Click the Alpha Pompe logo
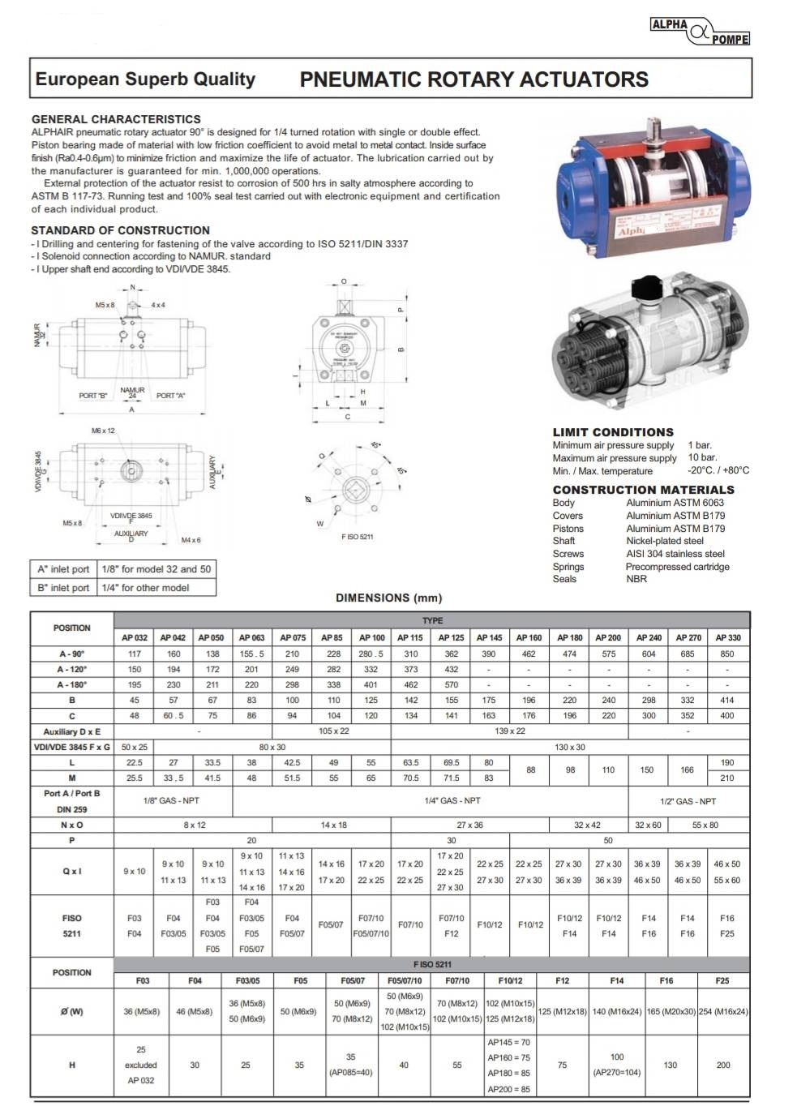[x=700, y=32]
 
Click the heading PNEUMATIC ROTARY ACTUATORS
[x=473, y=79]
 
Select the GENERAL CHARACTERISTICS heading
[x=116, y=119]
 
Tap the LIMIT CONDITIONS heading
[x=613, y=432]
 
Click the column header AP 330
[x=727, y=637]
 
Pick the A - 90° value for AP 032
[x=135, y=654]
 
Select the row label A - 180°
[x=71, y=684]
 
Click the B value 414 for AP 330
[x=727, y=700]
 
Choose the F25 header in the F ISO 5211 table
[x=722, y=980]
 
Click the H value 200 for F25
[x=723, y=1065]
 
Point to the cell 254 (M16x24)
[x=723, y=1011]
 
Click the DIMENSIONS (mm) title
[x=389, y=598]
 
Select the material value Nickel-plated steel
[x=665, y=541]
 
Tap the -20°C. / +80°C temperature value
[x=718, y=470]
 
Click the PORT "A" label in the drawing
[x=170, y=396]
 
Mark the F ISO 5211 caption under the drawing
[x=357, y=537]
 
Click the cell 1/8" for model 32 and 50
[x=156, y=569]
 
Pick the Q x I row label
[x=71, y=871]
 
